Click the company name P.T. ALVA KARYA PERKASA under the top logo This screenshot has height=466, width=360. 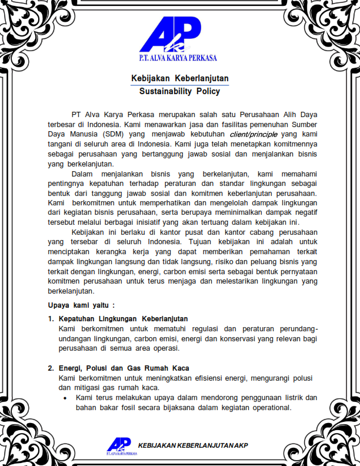(178, 58)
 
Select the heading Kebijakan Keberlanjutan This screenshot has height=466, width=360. (180, 78)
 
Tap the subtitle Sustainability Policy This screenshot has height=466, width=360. (180, 91)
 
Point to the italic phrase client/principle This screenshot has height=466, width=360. (254, 134)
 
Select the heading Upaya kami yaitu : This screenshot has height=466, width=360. (81, 305)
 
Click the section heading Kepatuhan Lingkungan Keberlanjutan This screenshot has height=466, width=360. (123, 319)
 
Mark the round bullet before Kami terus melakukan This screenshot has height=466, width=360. (65, 399)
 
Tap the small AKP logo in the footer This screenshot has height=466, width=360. (119, 445)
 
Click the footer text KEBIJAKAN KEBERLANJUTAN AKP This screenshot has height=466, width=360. (193, 445)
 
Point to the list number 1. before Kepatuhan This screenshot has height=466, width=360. (51, 319)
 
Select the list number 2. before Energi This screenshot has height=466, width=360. (51, 368)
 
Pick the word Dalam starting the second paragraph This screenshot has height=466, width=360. (84, 174)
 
